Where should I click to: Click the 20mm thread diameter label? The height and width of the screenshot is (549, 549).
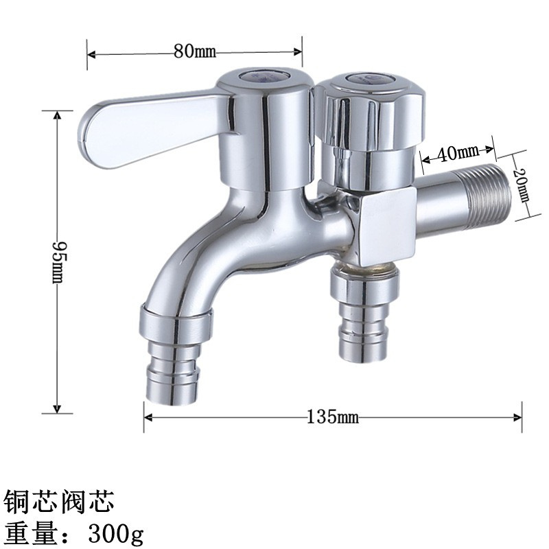(x=524, y=185)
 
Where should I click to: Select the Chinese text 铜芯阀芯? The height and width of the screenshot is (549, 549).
(x=58, y=501)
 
